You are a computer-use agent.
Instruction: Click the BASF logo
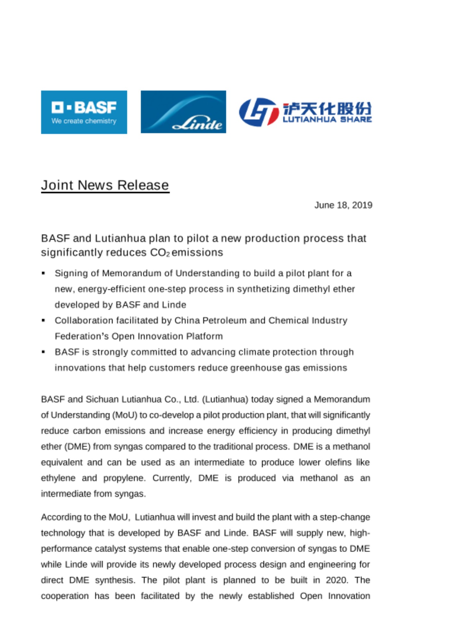pyautogui.click(x=84, y=112)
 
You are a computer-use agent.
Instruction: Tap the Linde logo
pyautogui.click(x=183, y=112)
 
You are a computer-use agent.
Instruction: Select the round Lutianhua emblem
pyautogui.click(x=259, y=112)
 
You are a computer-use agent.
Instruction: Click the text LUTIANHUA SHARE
pyautogui.click(x=327, y=120)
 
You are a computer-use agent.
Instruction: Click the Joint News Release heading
pyautogui.click(x=105, y=185)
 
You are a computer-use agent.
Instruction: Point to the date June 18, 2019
pyautogui.click(x=343, y=205)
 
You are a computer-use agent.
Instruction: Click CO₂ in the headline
pyautogui.click(x=160, y=253)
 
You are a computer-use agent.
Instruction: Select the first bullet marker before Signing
pyautogui.click(x=44, y=273)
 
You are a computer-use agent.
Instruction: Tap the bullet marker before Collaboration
pyautogui.click(x=44, y=320)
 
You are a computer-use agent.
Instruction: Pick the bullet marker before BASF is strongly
pyautogui.click(x=44, y=352)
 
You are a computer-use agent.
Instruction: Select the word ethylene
pyautogui.click(x=58, y=478)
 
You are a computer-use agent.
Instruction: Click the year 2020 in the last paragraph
pyautogui.click(x=336, y=580)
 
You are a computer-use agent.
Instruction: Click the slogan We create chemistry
pyautogui.click(x=84, y=121)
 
